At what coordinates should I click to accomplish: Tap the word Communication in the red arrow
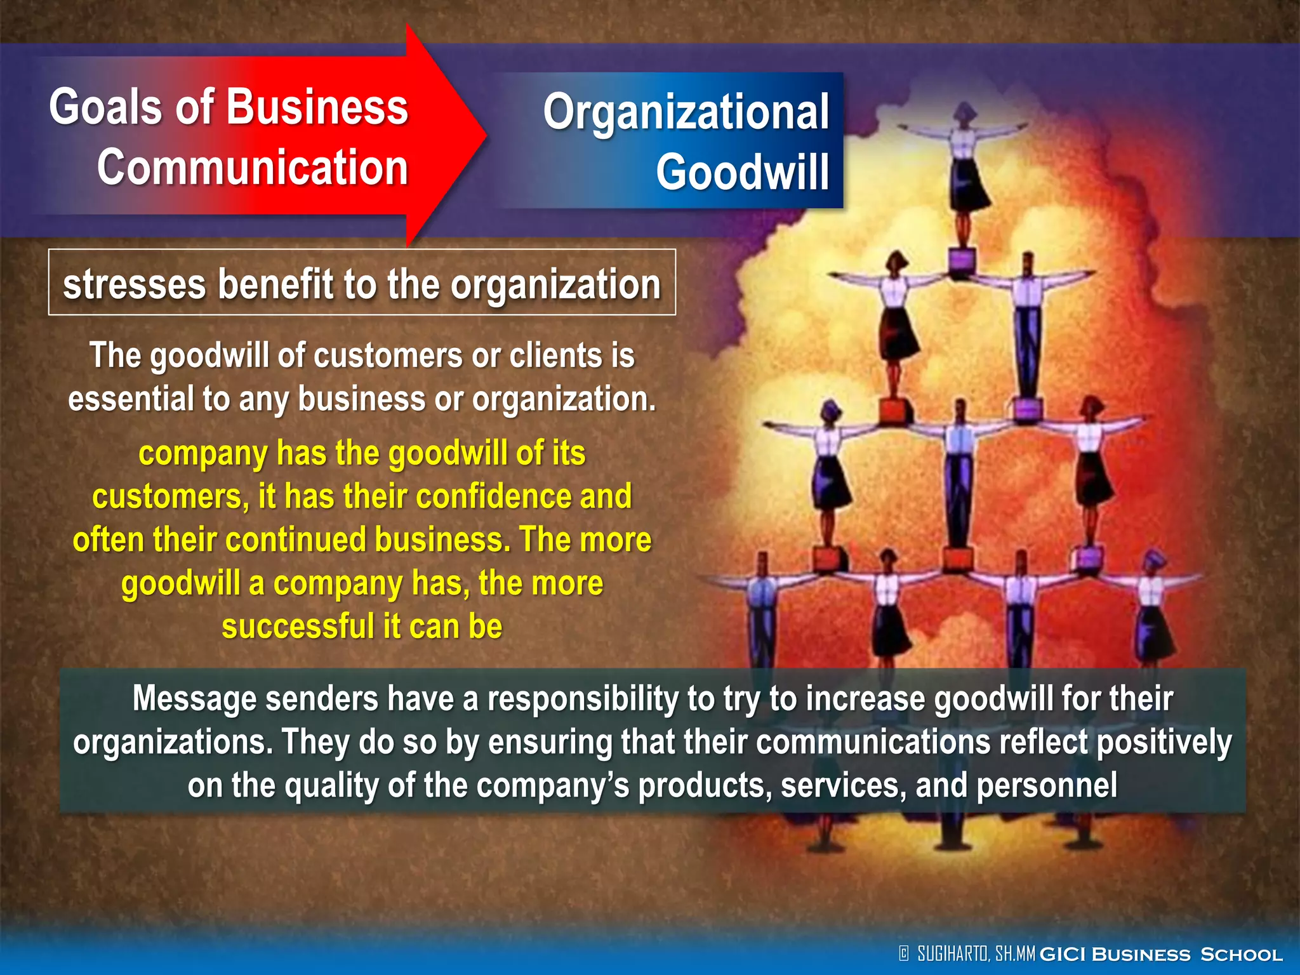[252, 168]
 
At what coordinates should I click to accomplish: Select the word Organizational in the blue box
[686, 112]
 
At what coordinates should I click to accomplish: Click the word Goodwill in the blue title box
[742, 172]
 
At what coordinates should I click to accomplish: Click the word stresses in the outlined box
[134, 284]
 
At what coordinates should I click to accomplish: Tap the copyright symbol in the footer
[904, 953]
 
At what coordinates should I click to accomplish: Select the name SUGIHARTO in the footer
[953, 953]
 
